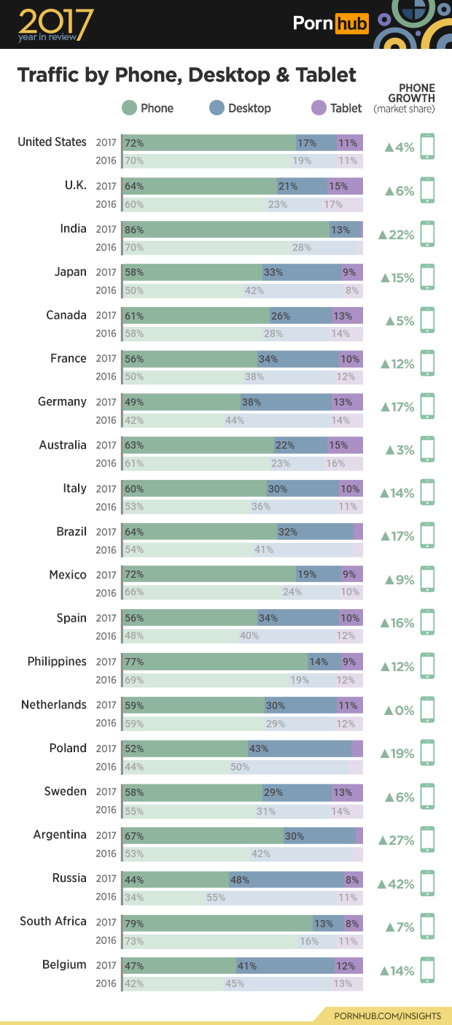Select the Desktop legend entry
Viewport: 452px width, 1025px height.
tap(240, 108)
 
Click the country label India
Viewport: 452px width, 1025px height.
tap(73, 228)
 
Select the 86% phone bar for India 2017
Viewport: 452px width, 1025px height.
tap(226, 229)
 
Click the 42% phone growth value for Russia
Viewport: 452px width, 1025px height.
tap(397, 884)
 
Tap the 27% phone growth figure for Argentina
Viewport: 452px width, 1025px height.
tap(397, 840)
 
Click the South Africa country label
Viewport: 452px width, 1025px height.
tap(53, 921)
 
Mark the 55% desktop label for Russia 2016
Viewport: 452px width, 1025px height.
tap(216, 897)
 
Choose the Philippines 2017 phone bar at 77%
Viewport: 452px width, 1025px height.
tap(215, 662)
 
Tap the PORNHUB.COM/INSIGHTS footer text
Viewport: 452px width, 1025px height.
tap(387, 1016)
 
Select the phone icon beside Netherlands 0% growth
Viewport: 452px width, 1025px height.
tap(427, 709)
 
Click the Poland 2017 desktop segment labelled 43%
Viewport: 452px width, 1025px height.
tap(299, 749)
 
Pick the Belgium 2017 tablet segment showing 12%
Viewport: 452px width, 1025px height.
tap(348, 966)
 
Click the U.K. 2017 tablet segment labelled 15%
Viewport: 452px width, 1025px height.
tap(345, 186)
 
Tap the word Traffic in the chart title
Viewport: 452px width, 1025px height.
tap(48, 74)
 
